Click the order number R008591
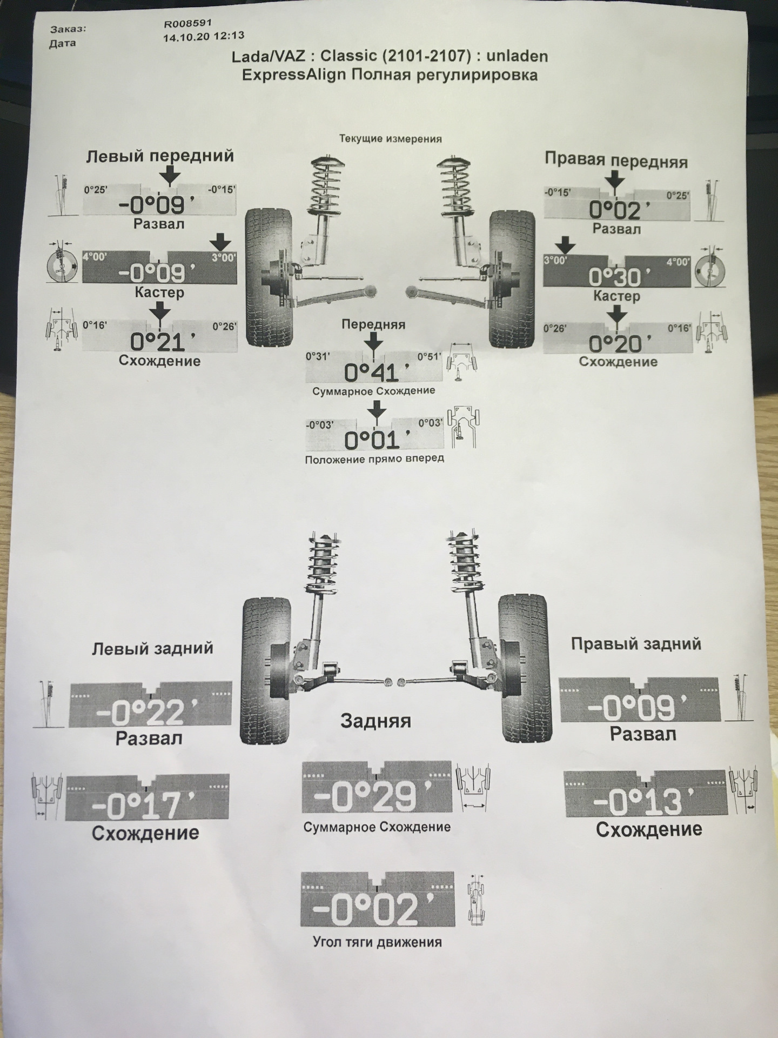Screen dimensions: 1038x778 188,24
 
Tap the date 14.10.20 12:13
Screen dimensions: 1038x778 203,37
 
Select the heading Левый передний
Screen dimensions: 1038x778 160,156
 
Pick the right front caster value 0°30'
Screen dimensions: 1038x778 615,277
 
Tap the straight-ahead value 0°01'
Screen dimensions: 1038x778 372,440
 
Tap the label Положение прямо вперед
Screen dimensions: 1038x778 374,458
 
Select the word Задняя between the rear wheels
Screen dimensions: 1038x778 375,721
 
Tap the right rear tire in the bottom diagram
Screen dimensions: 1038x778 525,668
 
